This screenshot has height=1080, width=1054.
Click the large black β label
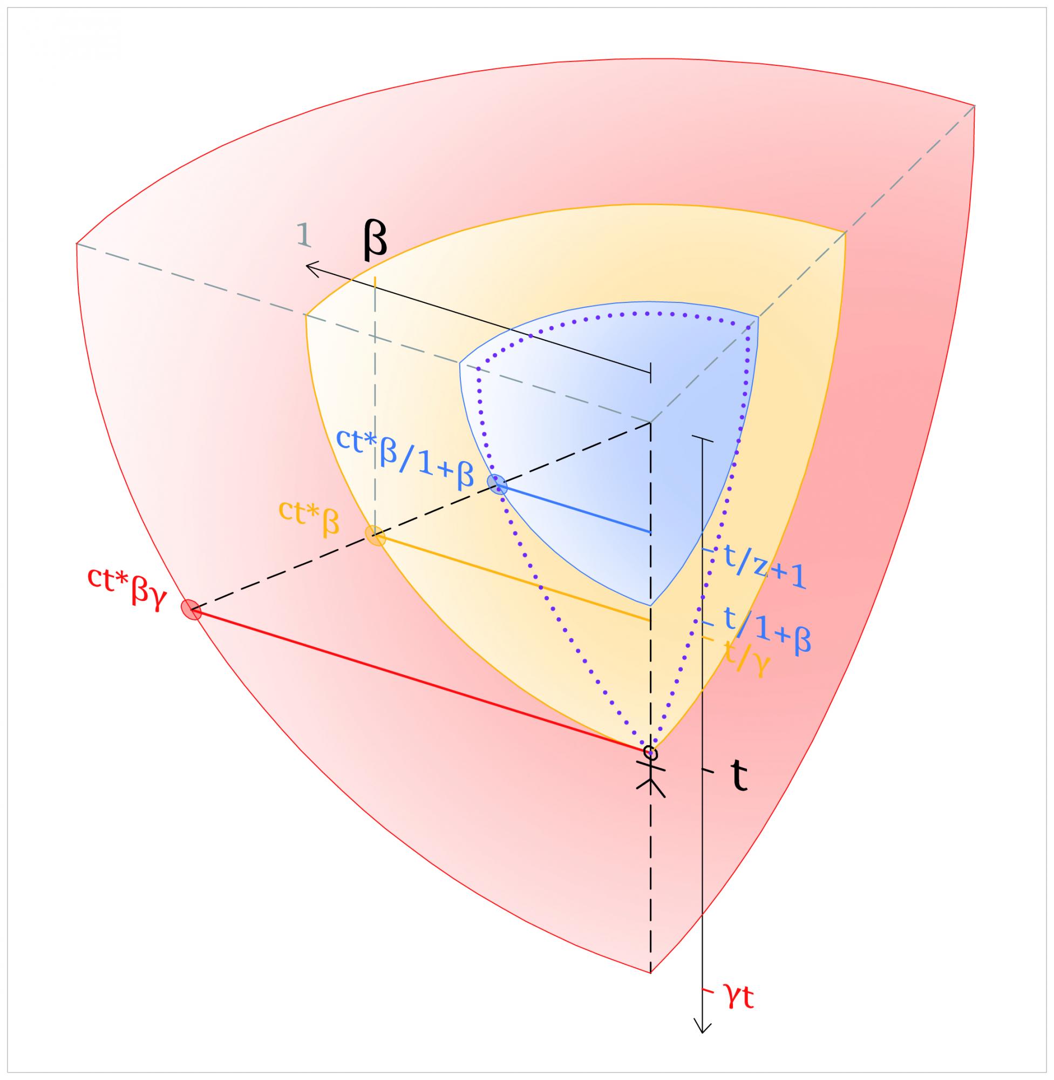[374, 239]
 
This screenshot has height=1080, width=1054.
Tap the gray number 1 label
[304, 235]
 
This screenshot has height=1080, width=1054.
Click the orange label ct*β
[309, 523]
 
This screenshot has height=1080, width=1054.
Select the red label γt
[737, 998]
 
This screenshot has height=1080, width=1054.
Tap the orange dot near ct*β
[375, 536]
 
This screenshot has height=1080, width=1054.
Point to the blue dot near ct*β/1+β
[497, 483]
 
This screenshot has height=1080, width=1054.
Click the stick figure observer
[650, 770]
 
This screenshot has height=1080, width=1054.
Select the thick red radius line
[421, 680]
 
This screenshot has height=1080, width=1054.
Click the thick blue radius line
[576, 509]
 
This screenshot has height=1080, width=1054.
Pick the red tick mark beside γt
[706, 989]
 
